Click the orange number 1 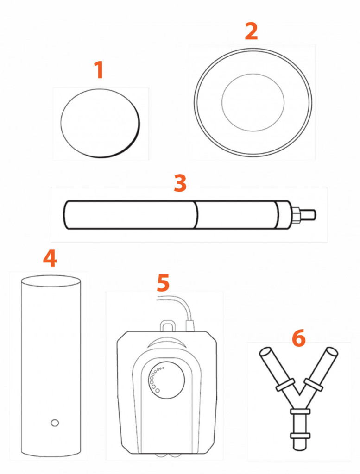tap(100, 69)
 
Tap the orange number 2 tap(252, 31)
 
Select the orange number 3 tap(180, 183)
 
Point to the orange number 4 tap(50, 258)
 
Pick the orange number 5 tap(164, 283)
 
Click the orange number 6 tap(299, 338)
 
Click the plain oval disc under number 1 tap(100, 123)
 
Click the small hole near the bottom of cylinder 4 tap(55, 423)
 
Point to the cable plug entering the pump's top tap(190, 325)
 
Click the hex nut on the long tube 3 tap(296, 215)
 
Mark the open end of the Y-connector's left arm tap(265, 352)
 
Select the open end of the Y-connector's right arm tap(332, 352)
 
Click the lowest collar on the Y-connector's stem tap(300, 436)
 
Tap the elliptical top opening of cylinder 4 tap(51, 281)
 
